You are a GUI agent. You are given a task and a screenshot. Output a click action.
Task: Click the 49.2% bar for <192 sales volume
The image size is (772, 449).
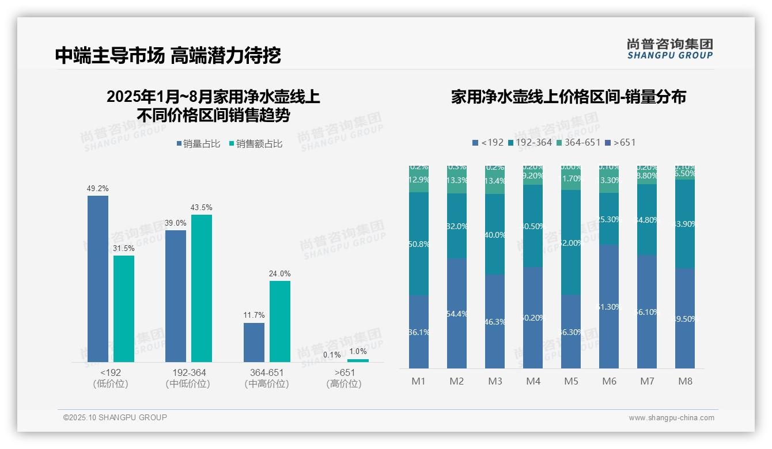(x=98, y=279)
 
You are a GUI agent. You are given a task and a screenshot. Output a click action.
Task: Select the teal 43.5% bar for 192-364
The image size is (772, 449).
(x=202, y=288)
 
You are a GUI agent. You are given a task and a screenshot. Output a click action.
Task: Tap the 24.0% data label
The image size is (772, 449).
(x=279, y=273)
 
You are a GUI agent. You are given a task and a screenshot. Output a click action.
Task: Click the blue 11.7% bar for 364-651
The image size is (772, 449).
(x=254, y=343)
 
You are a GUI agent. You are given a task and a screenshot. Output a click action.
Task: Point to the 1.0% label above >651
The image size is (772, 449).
(x=358, y=351)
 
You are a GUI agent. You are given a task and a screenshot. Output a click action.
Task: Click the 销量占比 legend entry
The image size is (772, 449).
(x=198, y=144)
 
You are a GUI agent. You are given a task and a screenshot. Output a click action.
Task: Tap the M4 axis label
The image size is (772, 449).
(x=533, y=381)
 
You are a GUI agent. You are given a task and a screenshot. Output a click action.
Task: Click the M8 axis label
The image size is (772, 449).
(x=685, y=381)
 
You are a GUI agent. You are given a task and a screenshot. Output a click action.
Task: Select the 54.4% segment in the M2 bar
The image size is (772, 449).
(x=457, y=313)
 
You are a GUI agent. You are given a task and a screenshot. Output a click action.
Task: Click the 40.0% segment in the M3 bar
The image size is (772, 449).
(x=495, y=234)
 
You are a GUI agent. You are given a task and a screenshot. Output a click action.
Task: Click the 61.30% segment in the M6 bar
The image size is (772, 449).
(x=609, y=306)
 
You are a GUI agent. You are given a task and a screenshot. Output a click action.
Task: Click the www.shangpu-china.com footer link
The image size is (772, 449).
(x=671, y=418)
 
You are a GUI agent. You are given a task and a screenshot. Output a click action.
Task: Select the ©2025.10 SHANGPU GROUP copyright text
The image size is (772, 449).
(x=115, y=417)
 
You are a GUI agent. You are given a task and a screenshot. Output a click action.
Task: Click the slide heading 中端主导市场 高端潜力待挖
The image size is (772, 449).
(x=168, y=55)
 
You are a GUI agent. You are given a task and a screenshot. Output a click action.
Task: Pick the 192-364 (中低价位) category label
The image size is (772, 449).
(x=188, y=378)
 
